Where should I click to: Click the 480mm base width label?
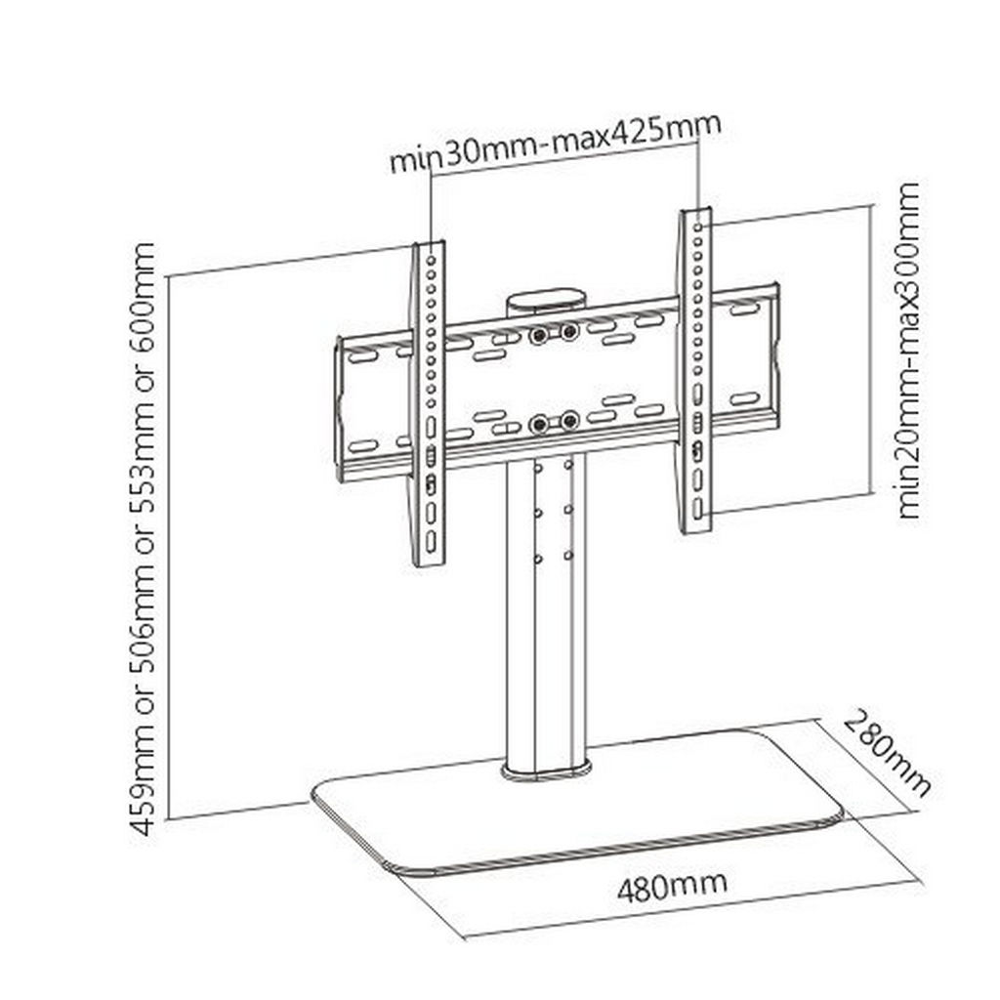tap(672, 887)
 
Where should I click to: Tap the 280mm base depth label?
tap(887, 753)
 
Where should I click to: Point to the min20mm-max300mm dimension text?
tap(909, 351)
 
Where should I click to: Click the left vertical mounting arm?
tap(428, 403)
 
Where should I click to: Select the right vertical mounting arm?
tap(695, 370)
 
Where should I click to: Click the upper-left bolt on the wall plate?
tap(539, 335)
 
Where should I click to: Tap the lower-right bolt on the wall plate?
tap(569, 421)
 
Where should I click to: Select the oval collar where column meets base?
tap(546, 770)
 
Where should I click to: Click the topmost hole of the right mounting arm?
tap(698, 227)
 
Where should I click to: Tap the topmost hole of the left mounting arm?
tap(432, 260)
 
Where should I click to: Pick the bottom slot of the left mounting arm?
tap(431, 541)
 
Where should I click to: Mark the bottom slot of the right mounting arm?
tap(697, 508)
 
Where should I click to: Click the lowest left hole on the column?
tap(538, 560)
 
